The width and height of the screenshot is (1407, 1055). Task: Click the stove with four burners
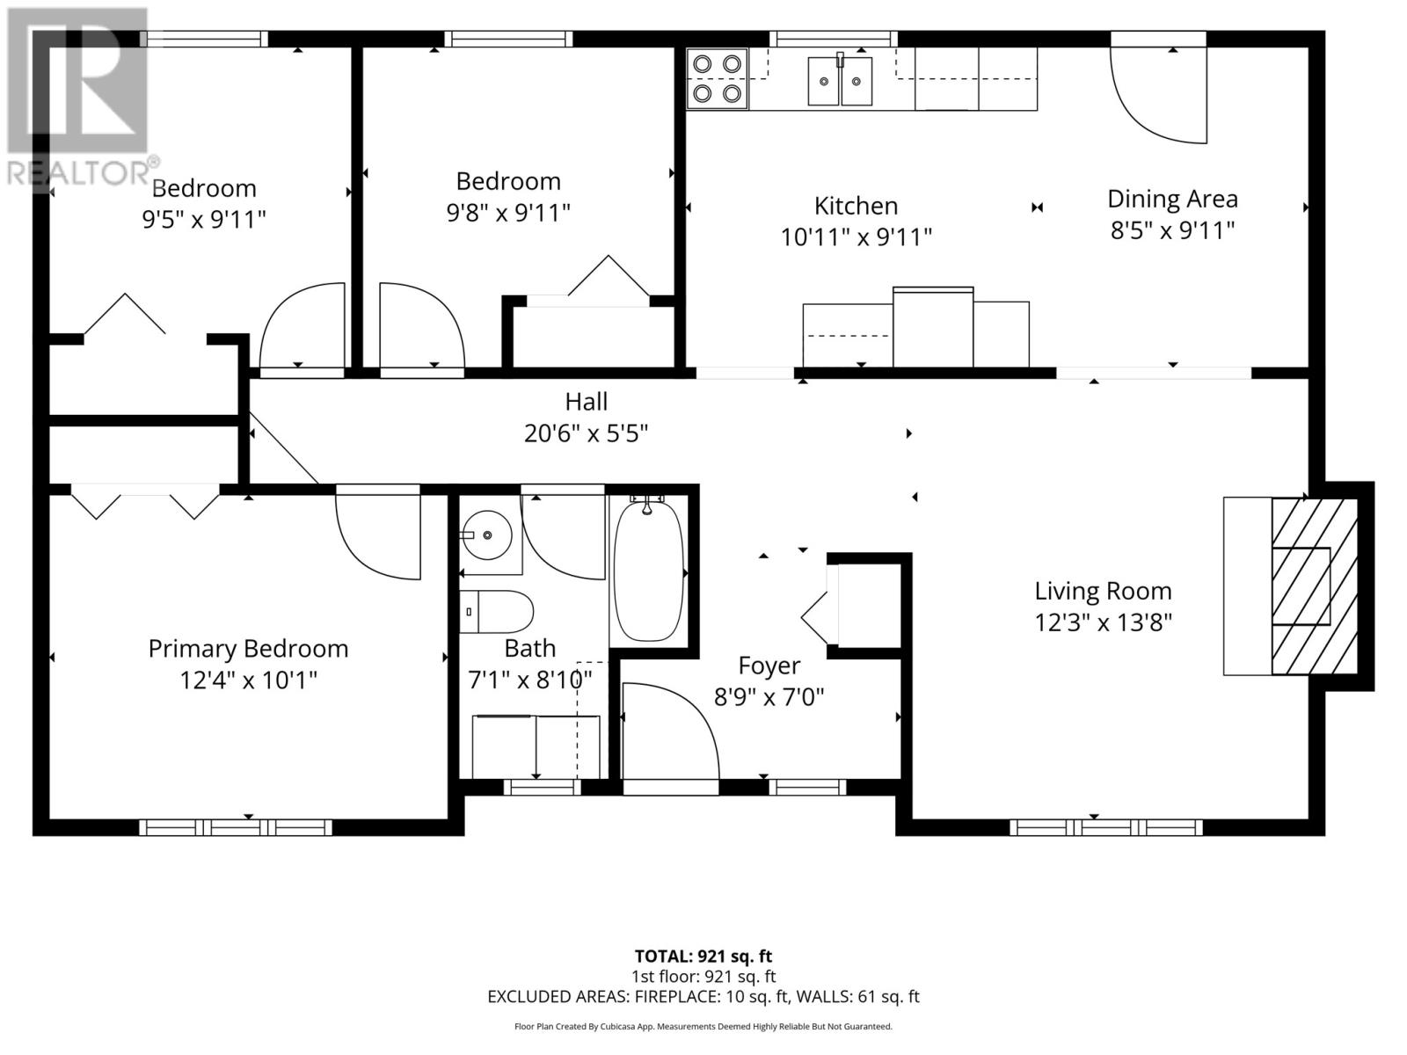pyautogui.click(x=718, y=79)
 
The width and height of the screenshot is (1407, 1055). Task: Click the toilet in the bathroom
pyautogui.click(x=496, y=612)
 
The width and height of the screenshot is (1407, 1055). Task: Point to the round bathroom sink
pyautogui.click(x=486, y=535)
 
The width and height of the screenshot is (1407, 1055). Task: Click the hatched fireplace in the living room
pyautogui.click(x=1314, y=586)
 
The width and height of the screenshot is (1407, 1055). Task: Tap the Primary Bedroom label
pyautogui.click(x=248, y=649)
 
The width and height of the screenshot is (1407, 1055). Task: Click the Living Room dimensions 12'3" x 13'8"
pyautogui.click(x=1103, y=622)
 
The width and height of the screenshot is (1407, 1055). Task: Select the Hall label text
pyautogui.click(x=586, y=403)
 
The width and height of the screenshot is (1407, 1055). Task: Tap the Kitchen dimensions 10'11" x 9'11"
pyautogui.click(x=856, y=237)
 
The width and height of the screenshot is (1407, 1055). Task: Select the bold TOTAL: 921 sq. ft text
pyautogui.click(x=703, y=957)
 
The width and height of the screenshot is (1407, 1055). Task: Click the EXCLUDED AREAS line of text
pyautogui.click(x=703, y=997)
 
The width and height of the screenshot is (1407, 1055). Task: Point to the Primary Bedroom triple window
pyautogui.click(x=236, y=827)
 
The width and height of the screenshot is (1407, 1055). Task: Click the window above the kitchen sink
pyautogui.click(x=834, y=39)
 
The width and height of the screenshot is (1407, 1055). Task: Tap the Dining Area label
pyautogui.click(x=1172, y=200)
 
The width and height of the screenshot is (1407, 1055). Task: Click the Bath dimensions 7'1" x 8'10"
pyautogui.click(x=530, y=680)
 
